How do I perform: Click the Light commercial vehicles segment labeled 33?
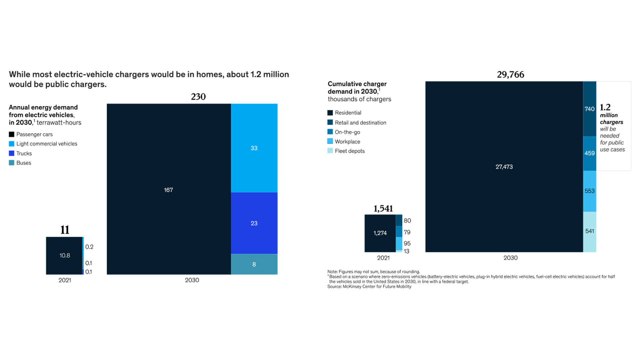click(254, 148)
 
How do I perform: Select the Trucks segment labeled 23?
click(254, 223)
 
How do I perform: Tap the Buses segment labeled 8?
click(254, 264)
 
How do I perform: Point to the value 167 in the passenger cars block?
click(168, 190)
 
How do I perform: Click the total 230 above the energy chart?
click(198, 97)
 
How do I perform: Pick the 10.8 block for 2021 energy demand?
click(65, 256)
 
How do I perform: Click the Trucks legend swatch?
click(12, 153)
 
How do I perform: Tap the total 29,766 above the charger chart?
click(510, 75)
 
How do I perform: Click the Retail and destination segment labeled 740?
click(589, 109)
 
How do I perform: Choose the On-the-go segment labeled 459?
click(589, 153)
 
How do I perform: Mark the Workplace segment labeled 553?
click(589, 191)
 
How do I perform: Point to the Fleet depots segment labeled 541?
click(589, 231)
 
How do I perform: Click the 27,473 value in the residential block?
click(504, 167)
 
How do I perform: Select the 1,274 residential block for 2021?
click(380, 233)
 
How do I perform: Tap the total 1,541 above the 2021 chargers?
click(383, 209)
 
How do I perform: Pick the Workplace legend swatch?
click(330, 141)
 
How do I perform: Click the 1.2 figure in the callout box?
click(605, 107)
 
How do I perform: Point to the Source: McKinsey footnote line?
click(369, 287)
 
